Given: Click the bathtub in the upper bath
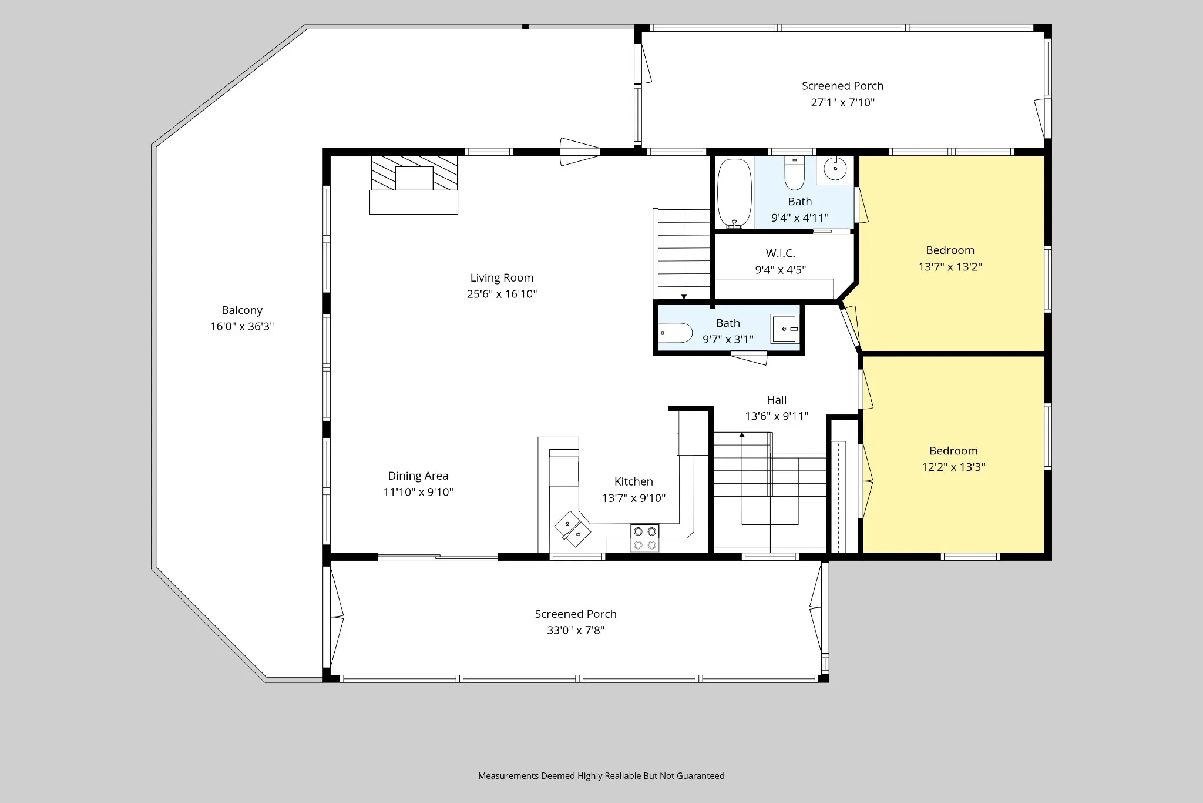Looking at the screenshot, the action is (x=734, y=193).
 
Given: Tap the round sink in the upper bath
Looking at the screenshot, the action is (x=835, y=169).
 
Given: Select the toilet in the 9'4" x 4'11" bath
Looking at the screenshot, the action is (x=794, y=173).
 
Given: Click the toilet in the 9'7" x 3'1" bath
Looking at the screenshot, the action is (x=676, y=333).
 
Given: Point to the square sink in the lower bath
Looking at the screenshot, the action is (x=784, y=329).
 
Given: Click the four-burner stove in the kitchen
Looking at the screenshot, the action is (x=644, y=538).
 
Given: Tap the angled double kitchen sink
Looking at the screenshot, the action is (x=573, y=529).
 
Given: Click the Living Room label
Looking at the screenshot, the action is (x=502, y=278).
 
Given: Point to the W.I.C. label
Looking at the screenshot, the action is (x=781, y=253).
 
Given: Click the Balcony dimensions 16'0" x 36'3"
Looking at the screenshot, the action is (x=242, y=327).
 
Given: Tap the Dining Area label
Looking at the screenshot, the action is (x=418, y=476).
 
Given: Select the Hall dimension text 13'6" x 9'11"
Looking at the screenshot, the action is (x=777, y=416).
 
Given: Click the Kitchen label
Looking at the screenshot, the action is (x=634, y=482).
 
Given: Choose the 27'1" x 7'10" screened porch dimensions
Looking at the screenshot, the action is (x=843, y=102).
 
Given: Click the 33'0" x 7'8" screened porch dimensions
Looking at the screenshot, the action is (x=576, y=630).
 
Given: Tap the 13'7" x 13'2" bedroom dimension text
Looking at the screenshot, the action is (x=950, y=267).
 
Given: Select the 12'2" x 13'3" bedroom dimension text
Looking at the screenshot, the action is (x=953, y=467).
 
